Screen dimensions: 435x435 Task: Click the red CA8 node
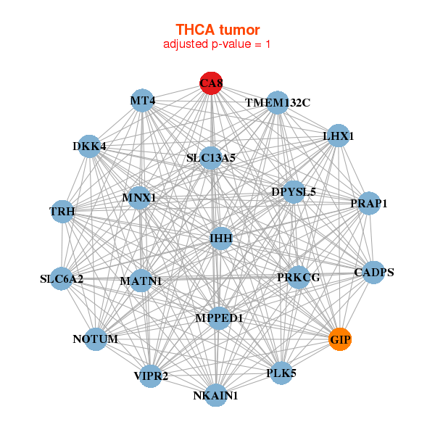pos(211,83)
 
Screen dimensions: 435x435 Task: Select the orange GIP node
pos(340,339)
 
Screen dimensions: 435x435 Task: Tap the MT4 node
pos(143,100)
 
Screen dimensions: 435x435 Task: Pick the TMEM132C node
pos(277,102)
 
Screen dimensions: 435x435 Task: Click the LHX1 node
pos(338,136)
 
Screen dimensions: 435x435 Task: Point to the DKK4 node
pos(89,146)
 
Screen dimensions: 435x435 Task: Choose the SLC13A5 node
pos(210,157)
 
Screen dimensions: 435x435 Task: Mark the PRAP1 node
pos(369,204)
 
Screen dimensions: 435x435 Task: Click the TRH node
pos(62,212)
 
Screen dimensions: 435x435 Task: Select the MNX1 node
pos(139,197)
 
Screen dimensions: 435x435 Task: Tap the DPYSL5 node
pos(293,192)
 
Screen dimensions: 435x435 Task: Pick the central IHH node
pos(220,238)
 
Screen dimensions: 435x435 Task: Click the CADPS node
pos(374,273)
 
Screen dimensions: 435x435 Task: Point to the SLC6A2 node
pos(62,278)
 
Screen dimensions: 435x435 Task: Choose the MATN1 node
pos(141,281)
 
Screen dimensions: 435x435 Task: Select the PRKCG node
pos(298,277)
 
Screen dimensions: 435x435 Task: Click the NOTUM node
pos(96,339)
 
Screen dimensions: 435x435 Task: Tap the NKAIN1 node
pos(215,395)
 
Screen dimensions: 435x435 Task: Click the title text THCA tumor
pos(217,29)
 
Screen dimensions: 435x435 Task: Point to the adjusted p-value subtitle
pos(217,44)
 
